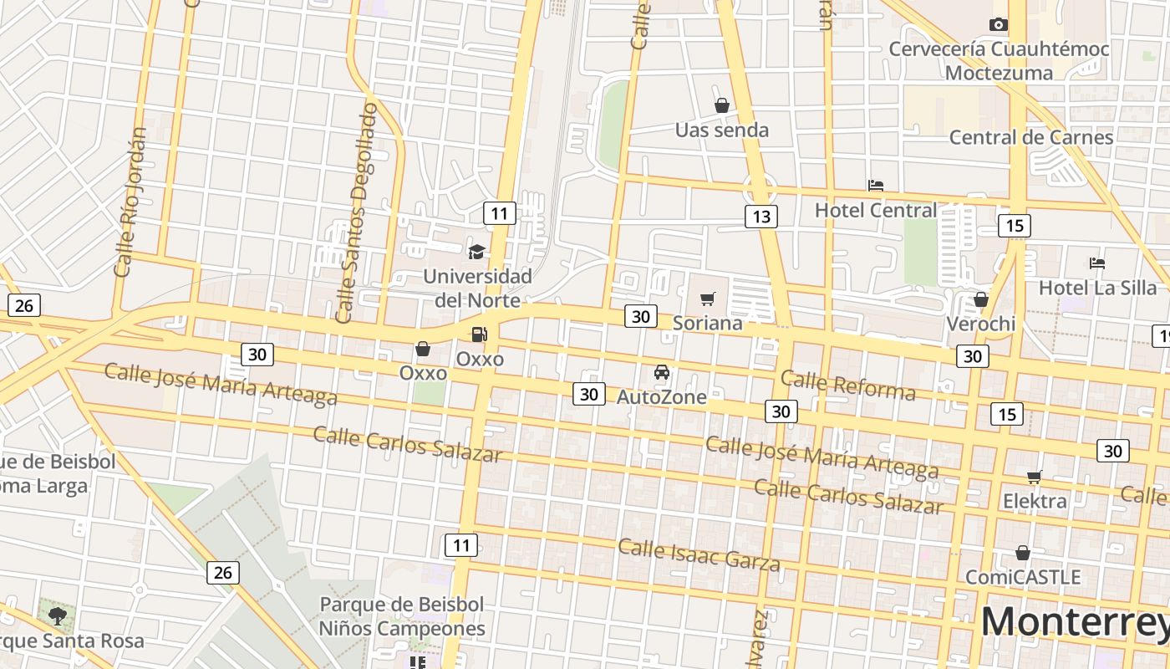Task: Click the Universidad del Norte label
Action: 477,288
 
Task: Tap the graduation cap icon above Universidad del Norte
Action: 476,252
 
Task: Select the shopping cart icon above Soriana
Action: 708,299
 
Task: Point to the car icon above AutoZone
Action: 662,372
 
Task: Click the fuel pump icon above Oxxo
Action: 479,334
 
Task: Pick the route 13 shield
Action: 761,217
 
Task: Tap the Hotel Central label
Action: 876,210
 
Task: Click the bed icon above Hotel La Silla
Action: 1097,263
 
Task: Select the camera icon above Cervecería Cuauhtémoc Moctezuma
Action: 998,25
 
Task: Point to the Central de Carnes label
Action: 1031,137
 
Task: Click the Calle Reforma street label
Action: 848,386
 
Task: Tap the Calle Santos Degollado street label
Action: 357,212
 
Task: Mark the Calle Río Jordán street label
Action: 130,202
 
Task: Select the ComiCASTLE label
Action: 1023,577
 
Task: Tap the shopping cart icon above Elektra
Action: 1035,477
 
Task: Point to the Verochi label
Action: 981,324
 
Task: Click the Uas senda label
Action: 722,130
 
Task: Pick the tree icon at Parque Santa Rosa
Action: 58,617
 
